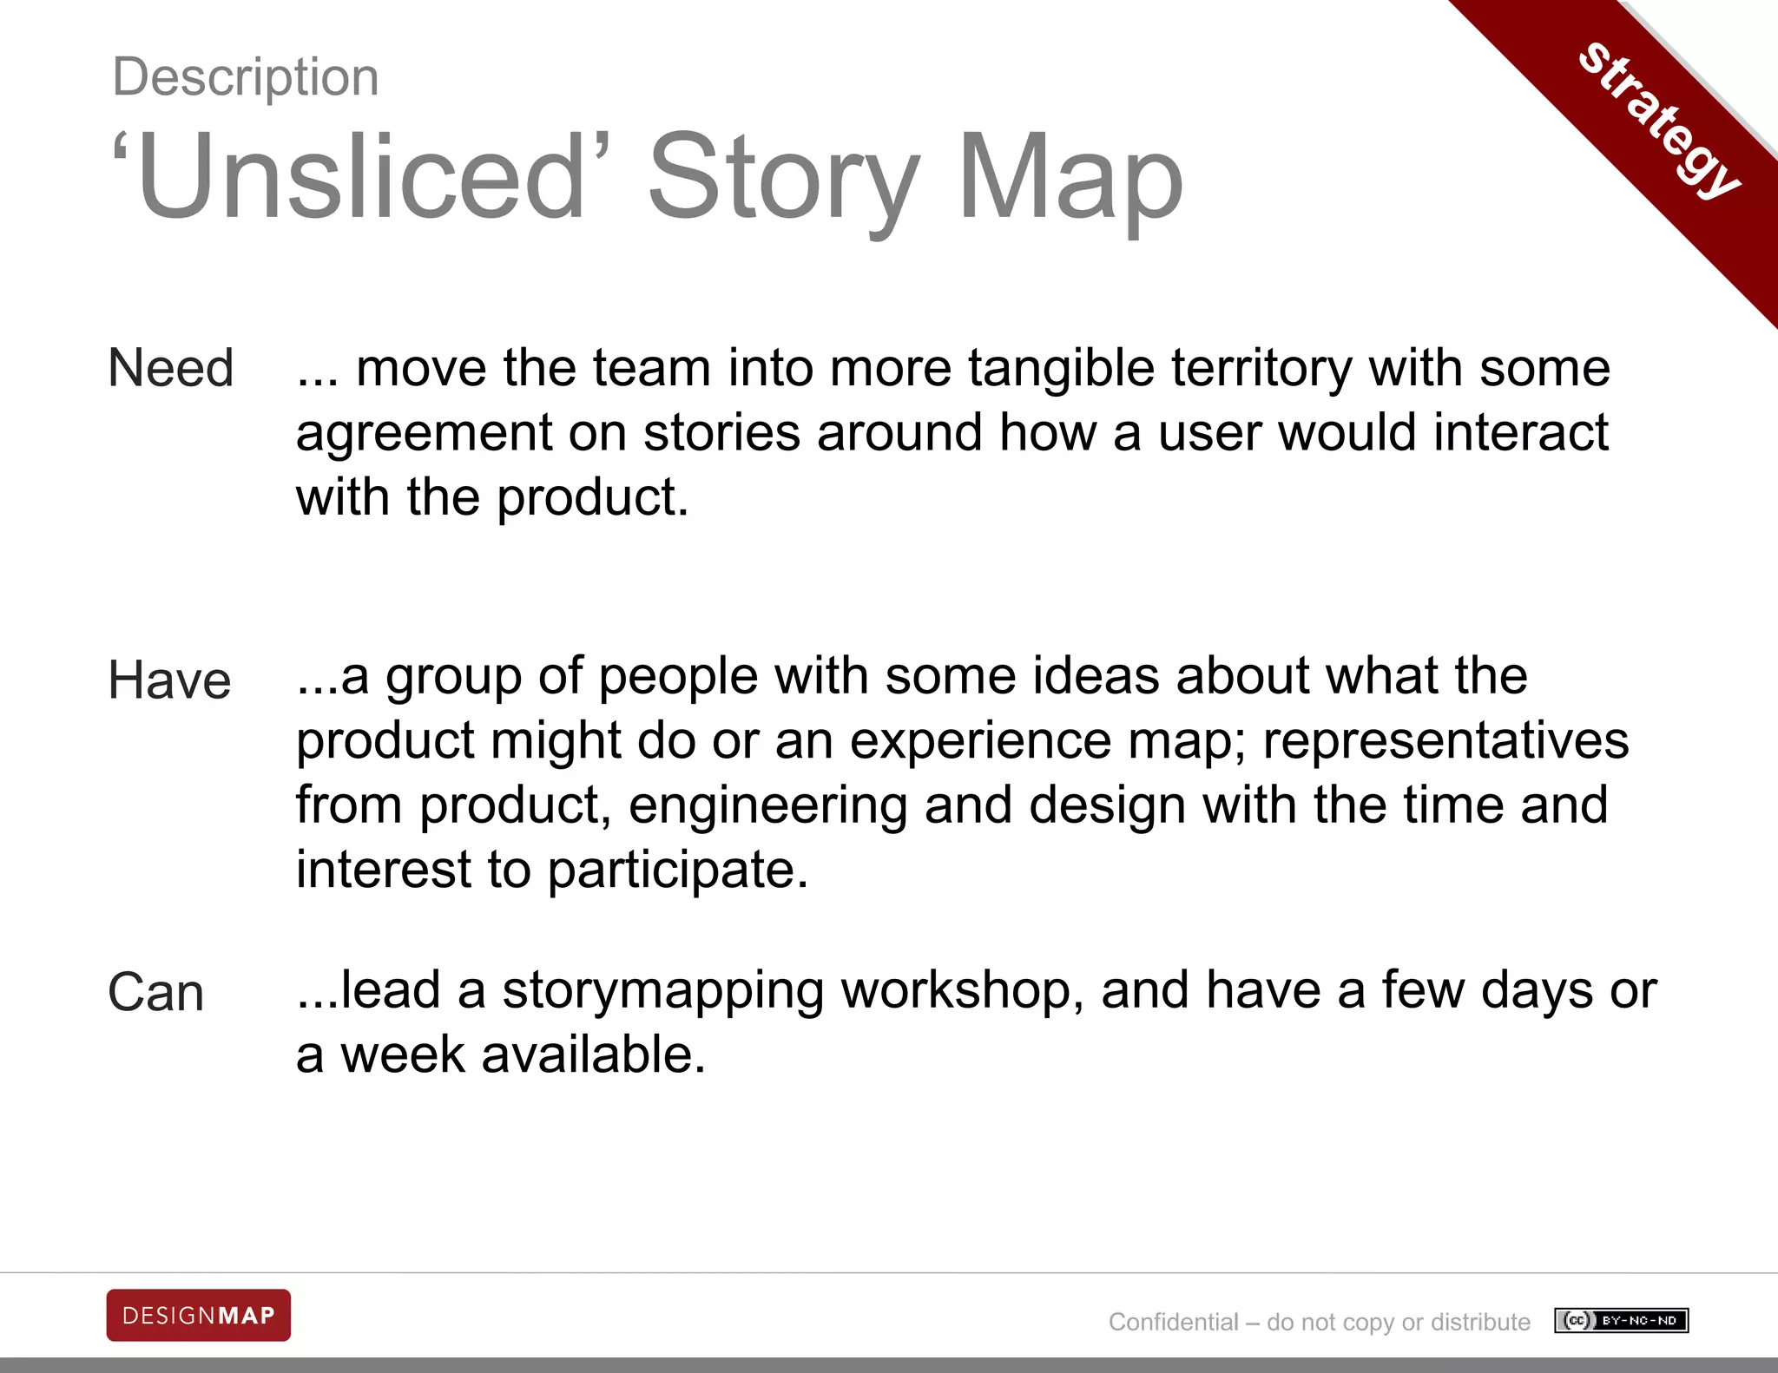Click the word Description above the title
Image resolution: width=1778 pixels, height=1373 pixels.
click(246, 77)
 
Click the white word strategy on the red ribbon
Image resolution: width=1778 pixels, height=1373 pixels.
click(1659, 119)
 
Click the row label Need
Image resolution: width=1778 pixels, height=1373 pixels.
click(171, 368)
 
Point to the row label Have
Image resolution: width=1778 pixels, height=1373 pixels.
click(169, 680)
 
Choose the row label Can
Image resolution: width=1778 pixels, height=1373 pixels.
click(156, 992)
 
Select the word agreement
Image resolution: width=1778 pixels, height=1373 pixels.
click(424, 433)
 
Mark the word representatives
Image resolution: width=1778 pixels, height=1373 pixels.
click(1445, 740)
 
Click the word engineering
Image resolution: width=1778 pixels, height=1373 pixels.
click(767, 805)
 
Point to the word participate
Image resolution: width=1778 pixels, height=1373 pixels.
click(678, 870)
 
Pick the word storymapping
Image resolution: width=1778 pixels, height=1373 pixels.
click(662, 991)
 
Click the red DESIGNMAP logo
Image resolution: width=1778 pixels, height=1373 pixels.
click(199, 1316)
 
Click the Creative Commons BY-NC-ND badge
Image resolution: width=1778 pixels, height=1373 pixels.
click(1621, 1321)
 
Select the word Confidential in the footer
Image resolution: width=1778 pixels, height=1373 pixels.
click(1173, 1322)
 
